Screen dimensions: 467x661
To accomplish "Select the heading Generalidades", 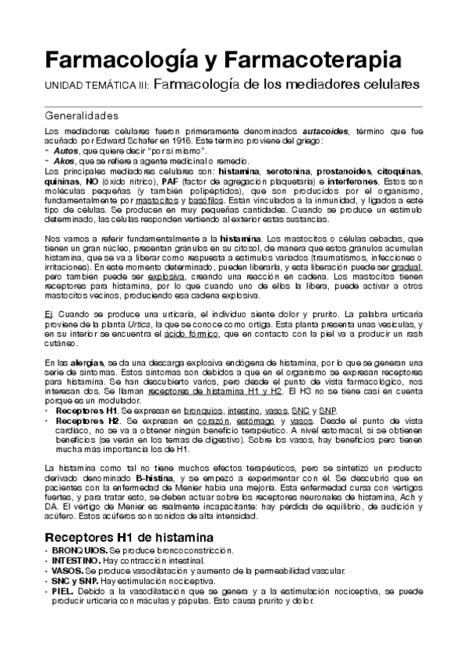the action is (82, 115).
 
